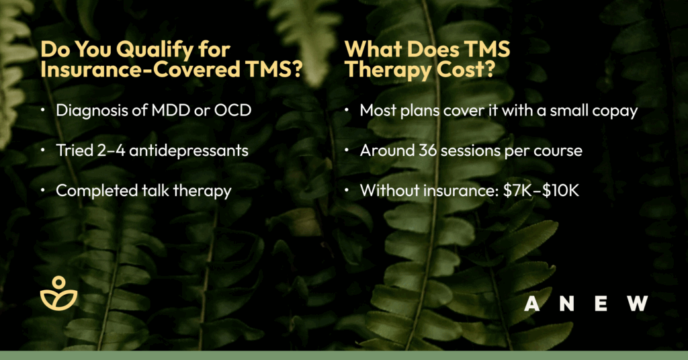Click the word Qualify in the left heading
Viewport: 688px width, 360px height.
pos(154,50)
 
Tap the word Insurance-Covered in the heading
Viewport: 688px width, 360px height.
pos(140,69)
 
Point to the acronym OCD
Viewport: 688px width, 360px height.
pos(232,110)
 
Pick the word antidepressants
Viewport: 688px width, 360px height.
pos(189,150)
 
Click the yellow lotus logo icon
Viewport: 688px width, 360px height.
pos(59,293)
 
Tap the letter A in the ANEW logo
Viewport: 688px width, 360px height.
pos(532,304)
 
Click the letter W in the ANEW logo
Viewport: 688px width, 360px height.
pos(638,304)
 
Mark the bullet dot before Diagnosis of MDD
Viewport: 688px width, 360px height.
pos(42,110)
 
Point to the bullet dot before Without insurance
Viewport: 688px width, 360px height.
pos(347,191)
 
